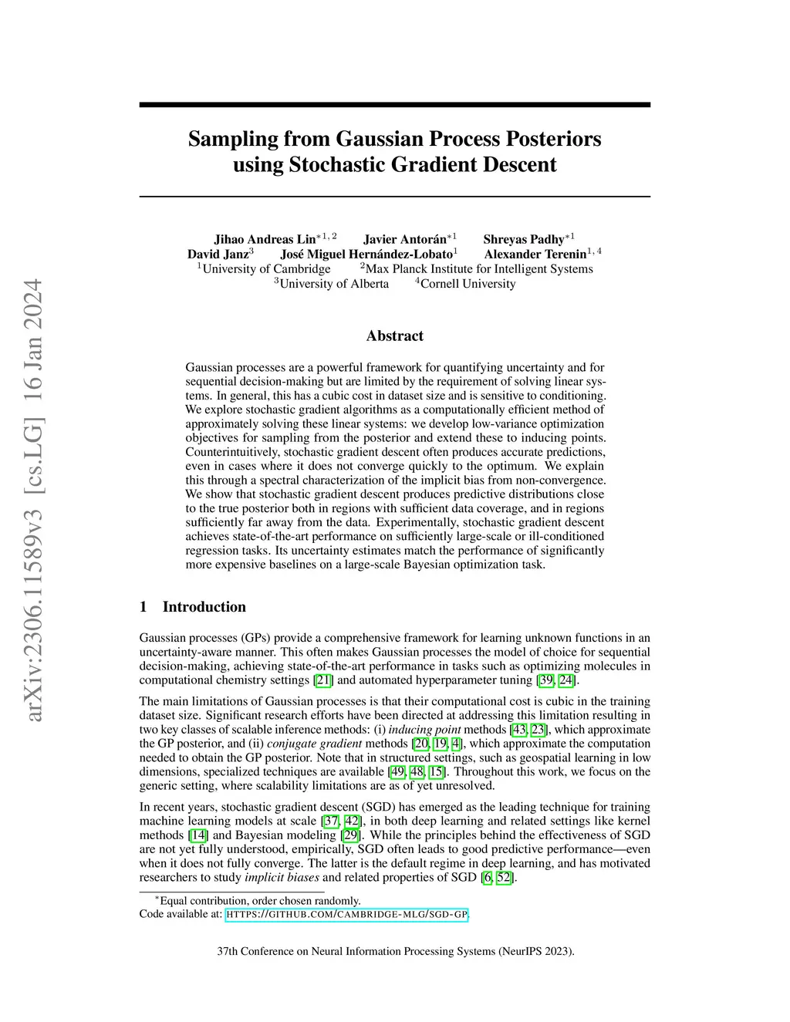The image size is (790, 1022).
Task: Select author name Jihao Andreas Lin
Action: [x=265, y=239]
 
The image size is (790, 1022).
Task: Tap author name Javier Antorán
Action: [x=404, y=239]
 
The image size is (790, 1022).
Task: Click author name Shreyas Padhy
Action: [x=523, y=239]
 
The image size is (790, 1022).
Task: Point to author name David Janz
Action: [x=218, y=254]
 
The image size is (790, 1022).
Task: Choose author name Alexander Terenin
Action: [x=535, y=254]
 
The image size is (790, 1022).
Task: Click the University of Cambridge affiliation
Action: [x=266, y=268]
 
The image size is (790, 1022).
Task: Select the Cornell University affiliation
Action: [x=468, y=283]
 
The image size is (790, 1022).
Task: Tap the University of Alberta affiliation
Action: [x=334, y=283]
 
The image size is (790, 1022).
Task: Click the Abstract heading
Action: [x=394, y=336]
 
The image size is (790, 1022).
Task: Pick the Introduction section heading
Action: [x=204, y=606]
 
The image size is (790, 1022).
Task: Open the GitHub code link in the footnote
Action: [x=346, y=915]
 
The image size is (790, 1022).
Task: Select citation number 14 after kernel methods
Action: [x=198, y=835]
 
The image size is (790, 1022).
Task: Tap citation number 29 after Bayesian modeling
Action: [x=350, y=835]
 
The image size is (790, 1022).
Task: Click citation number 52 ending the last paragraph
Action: [x=504, y=878]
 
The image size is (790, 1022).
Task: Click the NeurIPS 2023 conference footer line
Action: [x=395, y=951]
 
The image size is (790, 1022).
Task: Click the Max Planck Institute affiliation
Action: [x=479, y=268]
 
